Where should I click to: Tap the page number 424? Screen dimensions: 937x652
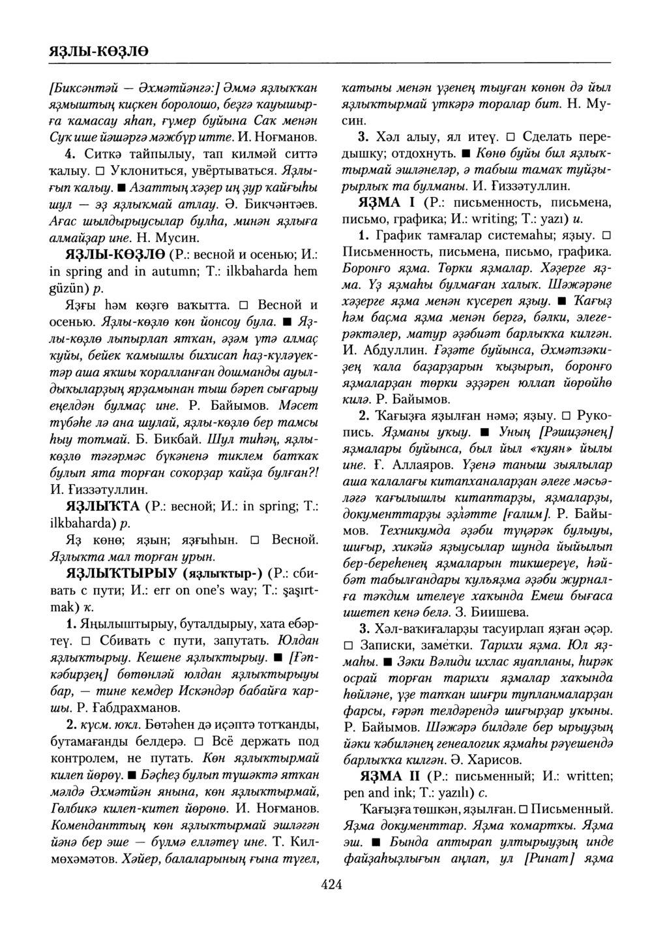331,884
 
